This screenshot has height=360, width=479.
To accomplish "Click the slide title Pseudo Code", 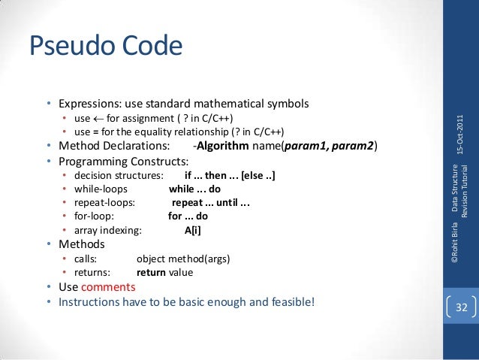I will (105, 46).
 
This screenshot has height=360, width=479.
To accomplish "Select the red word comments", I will (108, 287).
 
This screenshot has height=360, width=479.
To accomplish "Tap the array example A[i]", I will (192, 230).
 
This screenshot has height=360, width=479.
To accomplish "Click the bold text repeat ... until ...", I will (210, 203).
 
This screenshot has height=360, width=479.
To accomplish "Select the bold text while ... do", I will (194, 189).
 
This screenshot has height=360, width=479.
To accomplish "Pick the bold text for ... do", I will (188, 216).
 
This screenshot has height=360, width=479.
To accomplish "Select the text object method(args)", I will (183, 259).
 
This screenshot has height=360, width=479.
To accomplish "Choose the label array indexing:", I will (111, 230).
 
